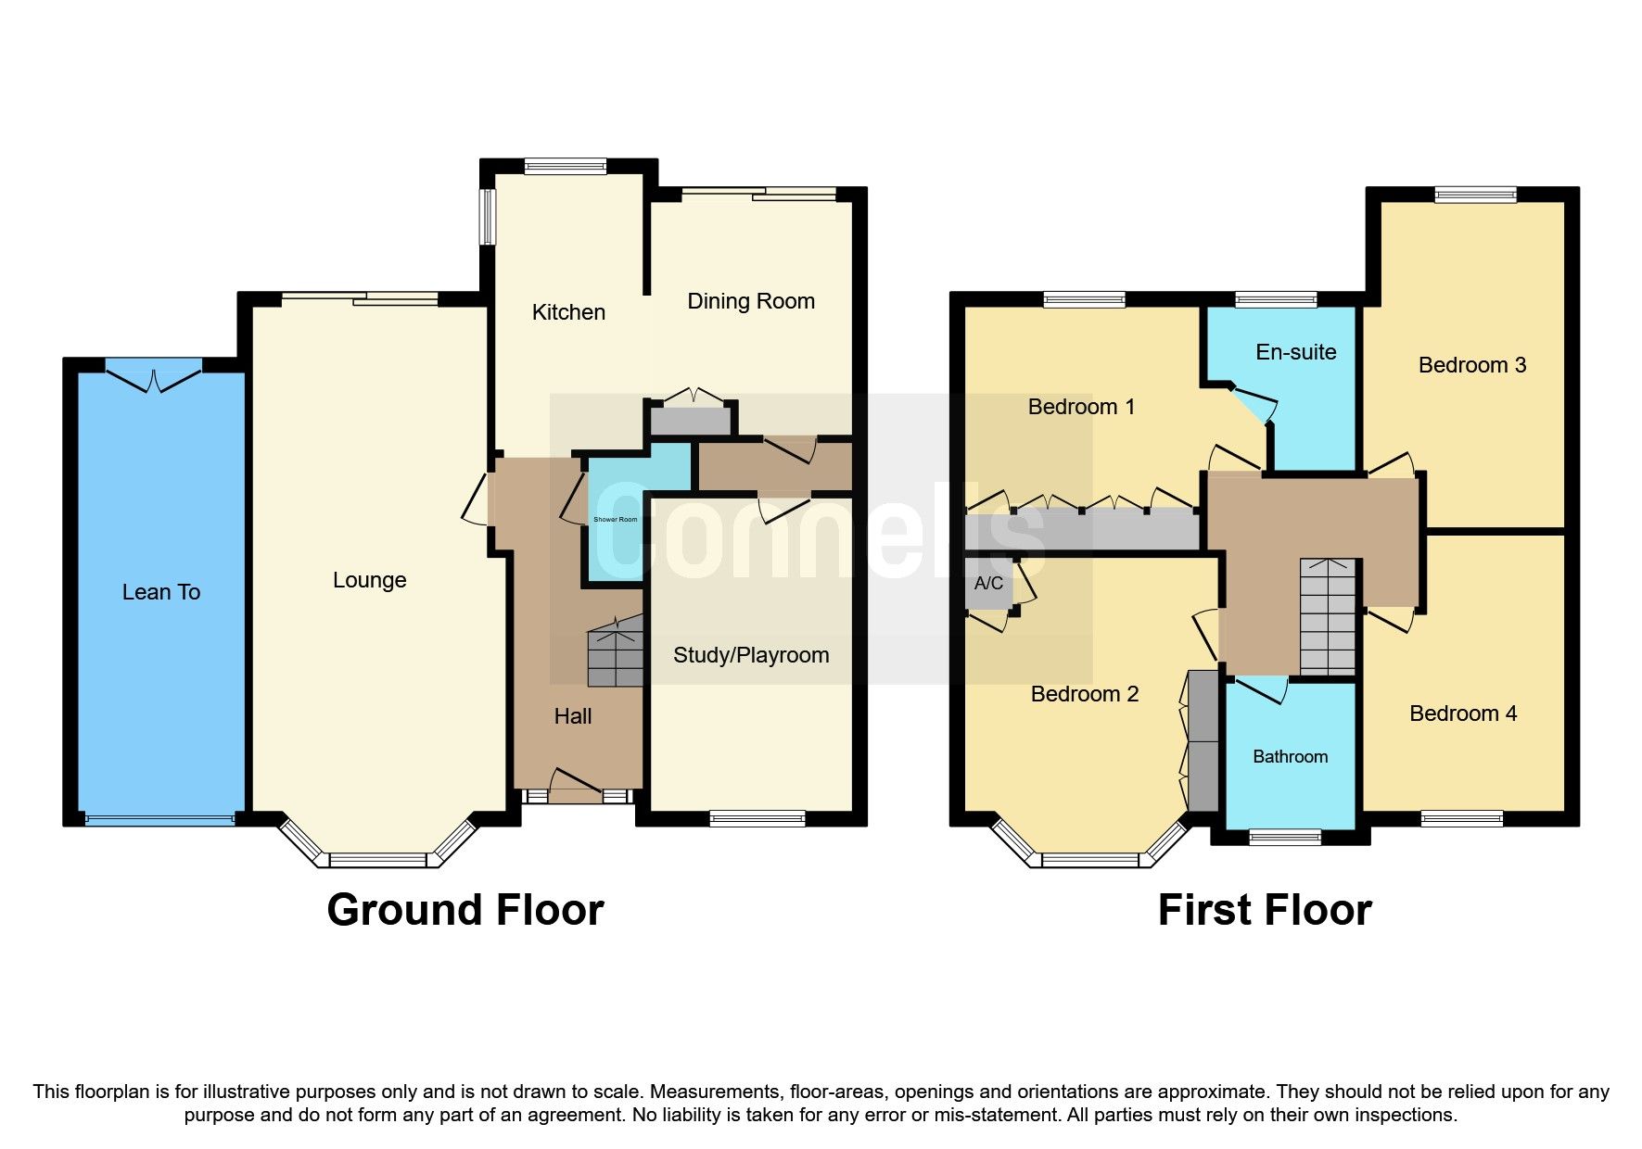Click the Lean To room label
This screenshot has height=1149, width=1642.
(161, 592)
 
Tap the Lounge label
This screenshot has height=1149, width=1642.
(369, 580)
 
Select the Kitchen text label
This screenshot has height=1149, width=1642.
(568, 312)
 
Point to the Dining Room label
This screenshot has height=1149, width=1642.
(751, 301)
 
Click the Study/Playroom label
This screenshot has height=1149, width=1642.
(751, 655)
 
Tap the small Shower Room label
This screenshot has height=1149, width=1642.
(615, 519)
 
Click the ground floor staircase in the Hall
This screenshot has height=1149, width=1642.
(616, 654)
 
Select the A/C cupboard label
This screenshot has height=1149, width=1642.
(988, 583)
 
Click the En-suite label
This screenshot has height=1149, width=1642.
(1295, 352)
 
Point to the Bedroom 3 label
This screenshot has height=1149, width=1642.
(1471, 365)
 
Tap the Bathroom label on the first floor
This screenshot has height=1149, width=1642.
(1290, 757)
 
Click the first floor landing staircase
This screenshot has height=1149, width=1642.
(1328, 617)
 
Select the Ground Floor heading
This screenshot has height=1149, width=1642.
(465, 910)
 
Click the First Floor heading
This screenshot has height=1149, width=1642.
(1264, 910)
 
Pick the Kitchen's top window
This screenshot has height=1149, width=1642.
(565, 167)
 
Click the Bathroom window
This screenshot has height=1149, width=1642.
(1284, 837)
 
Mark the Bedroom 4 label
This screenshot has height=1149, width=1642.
(1462, 713)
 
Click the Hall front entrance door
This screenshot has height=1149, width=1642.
(575, 782)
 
